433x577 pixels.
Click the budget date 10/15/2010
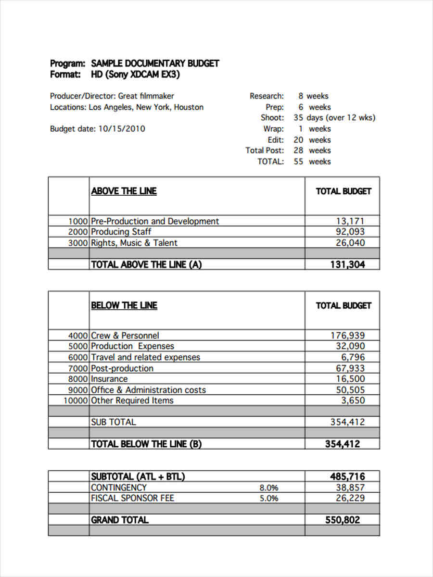pyautogui.click(x=122, y=129)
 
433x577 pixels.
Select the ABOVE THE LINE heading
pyautogui.click(x=124, y=191)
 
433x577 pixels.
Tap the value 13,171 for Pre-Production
pyautogui.click(x=350, y=221)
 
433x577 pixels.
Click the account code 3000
pyautogui.click(x=78, y=243)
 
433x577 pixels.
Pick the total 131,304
pyautogui.click(x=347, y=264)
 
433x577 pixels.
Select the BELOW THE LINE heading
pyautogui.click(x=124, y=305)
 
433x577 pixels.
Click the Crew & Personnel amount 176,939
pyautogui.click(x=347, y=336)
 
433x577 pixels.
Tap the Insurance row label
pyautogui.click(x=109, y=379)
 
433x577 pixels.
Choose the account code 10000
pyautogui.click(x=76, y=401)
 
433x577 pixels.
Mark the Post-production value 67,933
pyautogui.click(x=350, y=368)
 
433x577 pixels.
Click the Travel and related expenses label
pyautogui.click(x=145, y=357)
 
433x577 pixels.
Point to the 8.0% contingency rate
pyautogui.click(x=269, y=488)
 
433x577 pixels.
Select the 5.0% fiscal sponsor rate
pyautogui.click(x=269, y=499)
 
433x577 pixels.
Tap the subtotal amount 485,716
pyautogui.click(x=347, y=477)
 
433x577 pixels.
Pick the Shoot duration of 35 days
pyautogui.click(x=308, y=118)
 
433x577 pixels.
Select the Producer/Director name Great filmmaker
pyautogui.click(x=146, y=96)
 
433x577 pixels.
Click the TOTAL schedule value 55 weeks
pyautogui.click(x=312, y=162)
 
